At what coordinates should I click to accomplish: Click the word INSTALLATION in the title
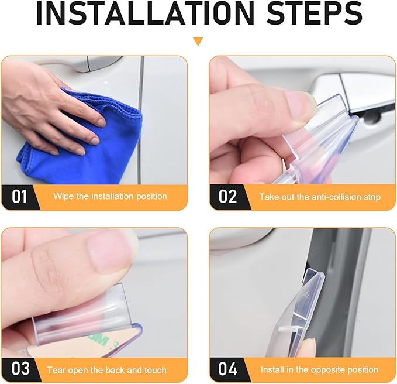point(145,13)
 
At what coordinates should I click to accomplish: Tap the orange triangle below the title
point(198,42)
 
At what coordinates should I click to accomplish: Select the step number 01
point(19,197)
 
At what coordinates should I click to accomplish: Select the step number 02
point(227,197)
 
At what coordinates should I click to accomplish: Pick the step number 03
point(20,369)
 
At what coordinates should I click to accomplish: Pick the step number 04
point(228,369)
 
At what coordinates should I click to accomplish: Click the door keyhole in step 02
point(372,116)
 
